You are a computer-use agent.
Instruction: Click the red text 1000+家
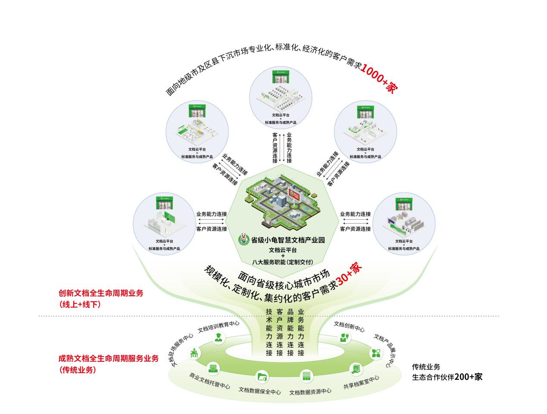(x=378, y=78)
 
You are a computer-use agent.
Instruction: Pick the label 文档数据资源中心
(x=310, y=391)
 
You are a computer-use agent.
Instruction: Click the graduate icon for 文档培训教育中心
(x=219, y=337)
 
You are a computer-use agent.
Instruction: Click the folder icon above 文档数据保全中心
(x=262, y=376)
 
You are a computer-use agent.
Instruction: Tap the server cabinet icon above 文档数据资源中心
(x=306, y=376)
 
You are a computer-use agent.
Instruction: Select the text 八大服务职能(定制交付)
(x=282, y=262)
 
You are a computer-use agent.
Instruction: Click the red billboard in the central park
(x=294, y=195)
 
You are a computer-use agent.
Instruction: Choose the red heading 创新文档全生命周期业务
(x=101, y=293)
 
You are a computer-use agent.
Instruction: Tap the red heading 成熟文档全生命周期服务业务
(x=108, y=358)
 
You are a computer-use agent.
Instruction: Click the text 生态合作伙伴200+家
(x=447, y=377)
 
